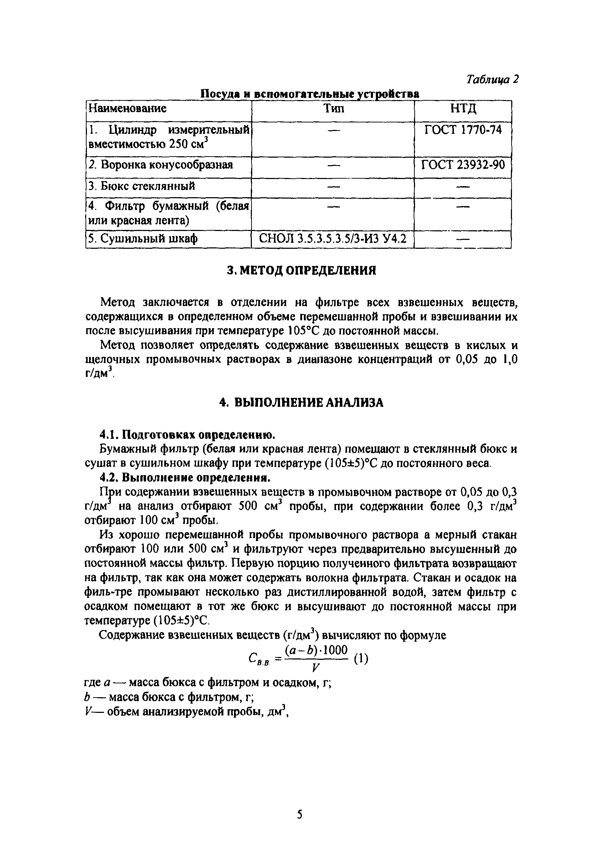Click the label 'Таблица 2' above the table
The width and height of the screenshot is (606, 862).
[492, 79]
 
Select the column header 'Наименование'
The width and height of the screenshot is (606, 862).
[127, 109]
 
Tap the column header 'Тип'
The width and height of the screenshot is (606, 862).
[333, 109]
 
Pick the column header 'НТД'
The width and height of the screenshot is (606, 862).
[463, 109]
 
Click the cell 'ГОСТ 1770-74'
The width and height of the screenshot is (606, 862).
[463, 130]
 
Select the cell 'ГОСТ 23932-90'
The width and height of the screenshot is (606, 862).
[463, 164]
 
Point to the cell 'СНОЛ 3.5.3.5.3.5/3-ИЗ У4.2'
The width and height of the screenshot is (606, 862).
[333, 238]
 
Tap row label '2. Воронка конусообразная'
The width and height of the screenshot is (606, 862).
[160, 165]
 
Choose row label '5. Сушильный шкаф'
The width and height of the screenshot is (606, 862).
[143, 238]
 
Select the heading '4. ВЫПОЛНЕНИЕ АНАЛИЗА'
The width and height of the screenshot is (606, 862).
[302, 403]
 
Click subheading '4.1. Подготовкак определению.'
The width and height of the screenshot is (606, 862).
[187, 435]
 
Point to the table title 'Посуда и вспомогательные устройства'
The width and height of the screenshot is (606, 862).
[310, 94]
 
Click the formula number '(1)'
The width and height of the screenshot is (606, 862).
[361, 658]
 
